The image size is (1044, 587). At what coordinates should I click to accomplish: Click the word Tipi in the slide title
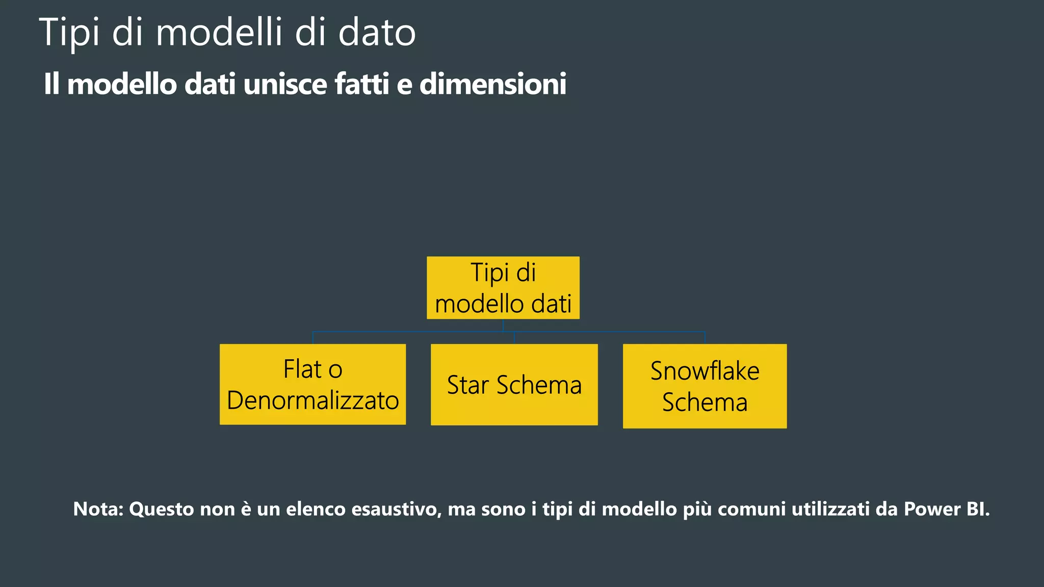[69, 33]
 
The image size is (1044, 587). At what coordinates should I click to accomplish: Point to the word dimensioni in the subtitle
[492, 84]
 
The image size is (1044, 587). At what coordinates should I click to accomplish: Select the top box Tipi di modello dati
[503, 288]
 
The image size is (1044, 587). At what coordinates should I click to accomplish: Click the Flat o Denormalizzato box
[312, 384]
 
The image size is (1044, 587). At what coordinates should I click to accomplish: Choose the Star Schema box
[514, 385]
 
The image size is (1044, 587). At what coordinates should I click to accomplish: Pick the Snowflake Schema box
[704, 386]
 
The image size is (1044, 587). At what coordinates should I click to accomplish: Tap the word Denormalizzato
[312, 401]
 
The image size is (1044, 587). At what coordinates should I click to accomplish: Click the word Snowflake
[704, 371]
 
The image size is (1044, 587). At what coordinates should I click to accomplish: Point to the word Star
[467, 385]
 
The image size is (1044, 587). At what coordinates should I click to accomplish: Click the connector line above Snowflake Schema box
[704, 337]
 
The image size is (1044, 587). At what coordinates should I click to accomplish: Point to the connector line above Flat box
[312, 337]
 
